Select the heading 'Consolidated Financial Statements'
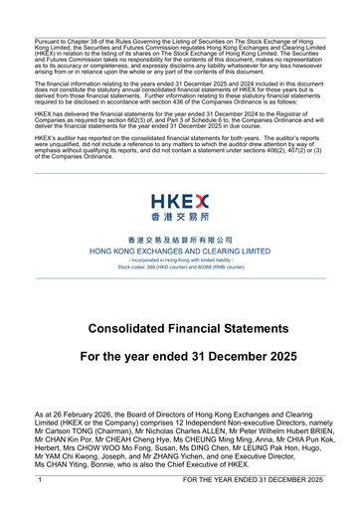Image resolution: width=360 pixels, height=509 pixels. click(179, 327)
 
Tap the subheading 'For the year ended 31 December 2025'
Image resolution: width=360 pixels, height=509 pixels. click(179, 356)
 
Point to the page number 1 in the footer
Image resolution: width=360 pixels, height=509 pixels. click(39, 480)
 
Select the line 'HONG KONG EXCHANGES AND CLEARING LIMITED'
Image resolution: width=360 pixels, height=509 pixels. click(179, 252)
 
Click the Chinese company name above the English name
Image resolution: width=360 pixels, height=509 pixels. click(179, 241)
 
